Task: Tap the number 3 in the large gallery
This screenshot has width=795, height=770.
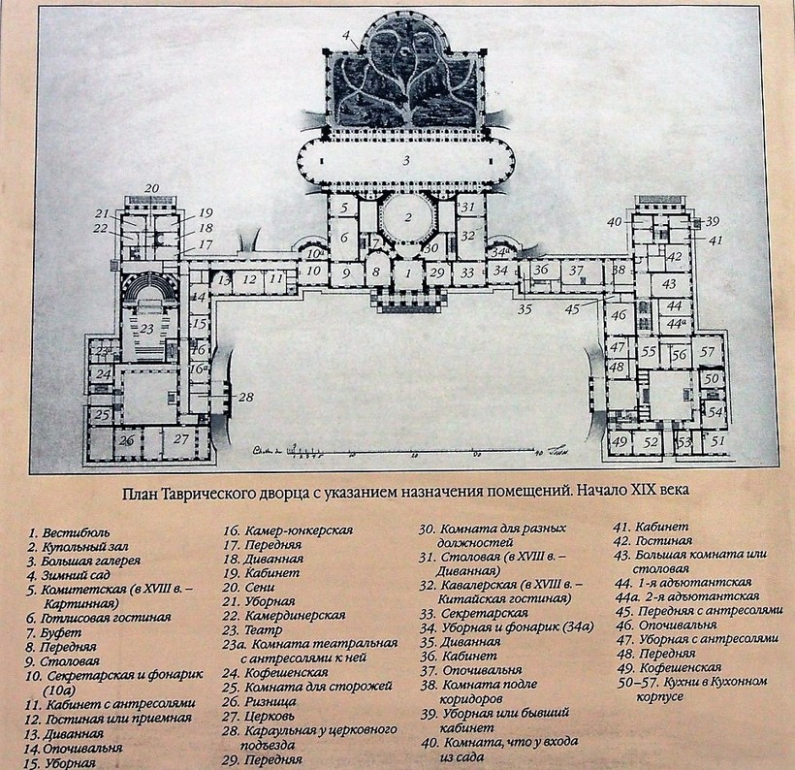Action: pyautogui.click(x=407, y=159)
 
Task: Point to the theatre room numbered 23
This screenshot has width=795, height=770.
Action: pyautogui.click(x=146, y=328)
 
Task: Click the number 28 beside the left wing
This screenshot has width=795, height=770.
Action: pyautogui.click(x=245, y=398)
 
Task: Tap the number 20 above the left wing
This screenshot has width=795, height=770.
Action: pyautogui.click(x=151, y=187)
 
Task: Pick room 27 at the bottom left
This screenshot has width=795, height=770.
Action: pyautogui.click(x=181, y=438)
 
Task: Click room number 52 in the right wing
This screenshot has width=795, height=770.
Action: pyautogui.click(x=652, y=442)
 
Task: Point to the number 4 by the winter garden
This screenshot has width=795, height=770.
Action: pyautogui.click(x=345, y=36)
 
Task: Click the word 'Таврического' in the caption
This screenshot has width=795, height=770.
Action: pyautogui.click(x=256, y=489)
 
